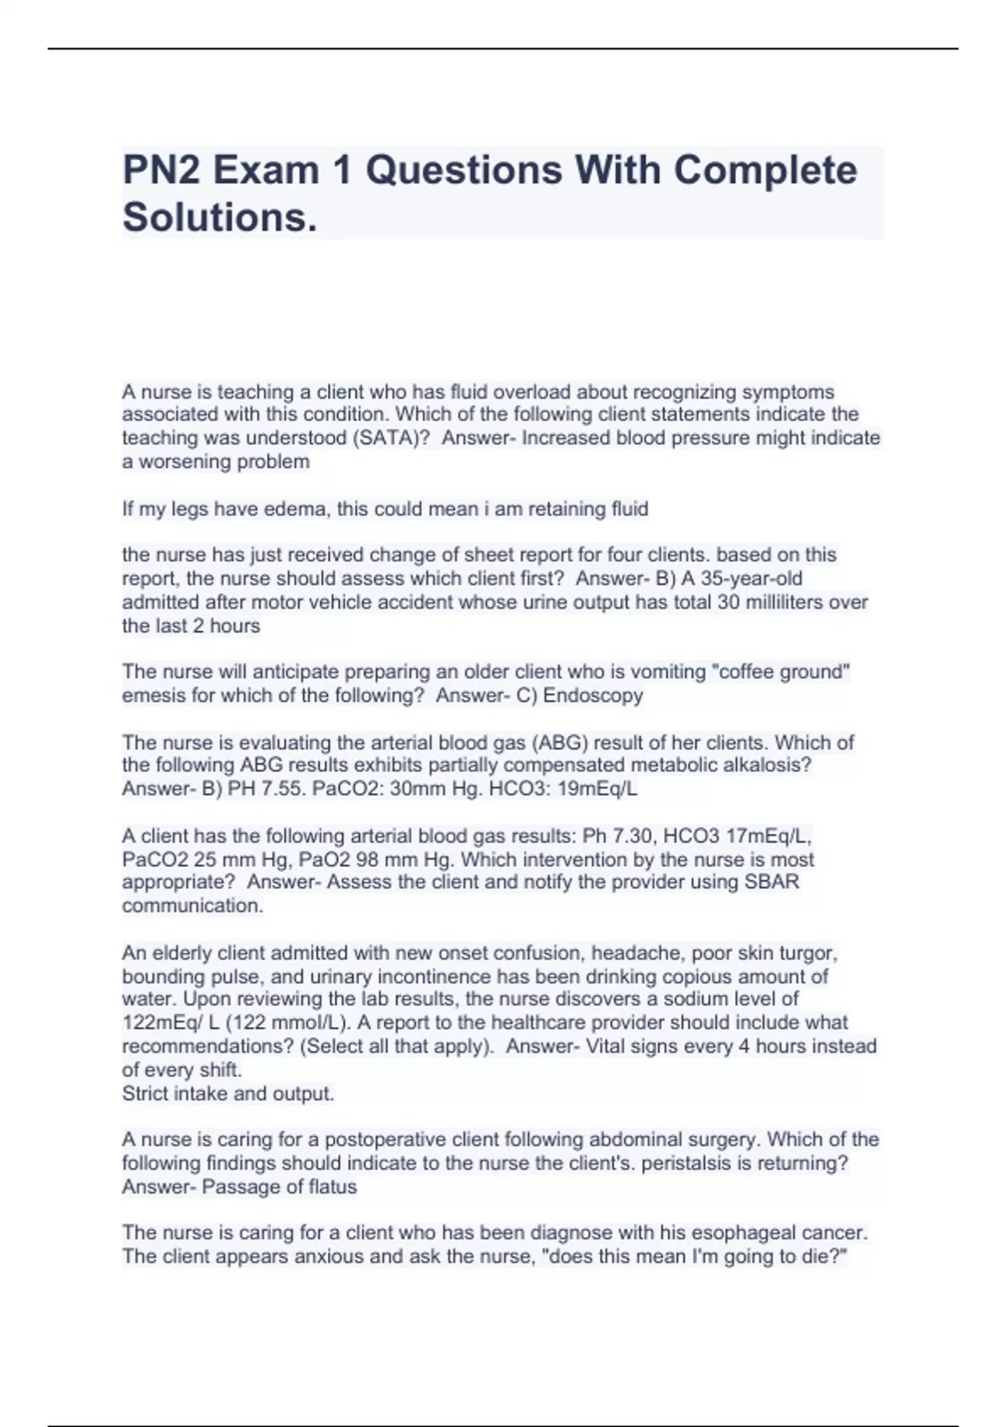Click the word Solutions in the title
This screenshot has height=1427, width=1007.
220,217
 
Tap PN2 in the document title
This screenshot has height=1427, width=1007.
162,170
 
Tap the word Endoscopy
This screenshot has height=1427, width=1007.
593,695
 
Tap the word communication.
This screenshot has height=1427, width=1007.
192,906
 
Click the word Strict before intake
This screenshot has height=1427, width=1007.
147,1094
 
